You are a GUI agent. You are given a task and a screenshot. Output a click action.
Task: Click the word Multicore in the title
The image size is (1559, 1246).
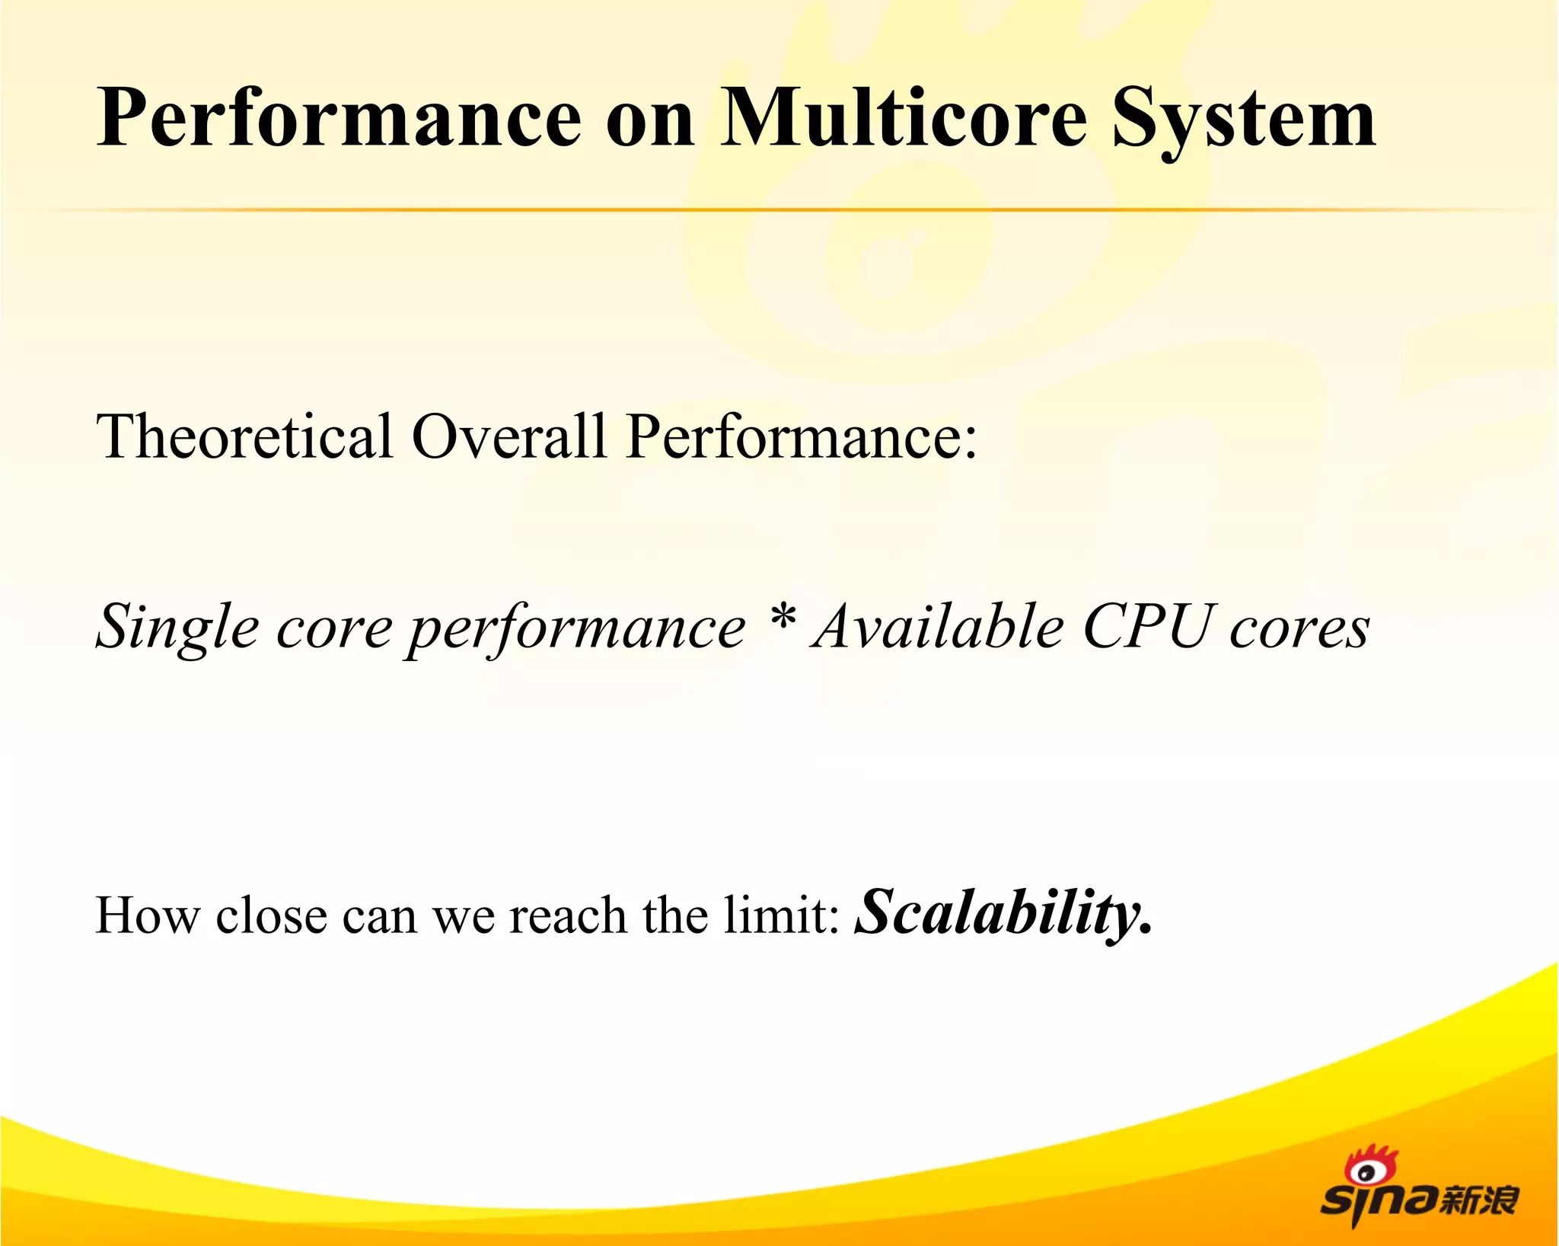(x=904, y=118)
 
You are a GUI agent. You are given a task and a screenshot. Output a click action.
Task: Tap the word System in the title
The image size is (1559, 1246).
(x=1244, y=120)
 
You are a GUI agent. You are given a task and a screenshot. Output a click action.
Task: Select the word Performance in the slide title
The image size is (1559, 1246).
(x=339, y=118)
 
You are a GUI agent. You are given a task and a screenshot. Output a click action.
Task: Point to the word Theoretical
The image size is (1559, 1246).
(x=244, y=436)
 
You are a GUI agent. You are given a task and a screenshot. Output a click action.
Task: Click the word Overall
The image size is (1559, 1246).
(x=509, y=436)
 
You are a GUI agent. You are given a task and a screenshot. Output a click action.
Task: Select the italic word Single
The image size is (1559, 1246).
(x=177, y=629)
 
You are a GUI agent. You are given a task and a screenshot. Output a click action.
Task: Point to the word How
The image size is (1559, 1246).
(x=146, y=915)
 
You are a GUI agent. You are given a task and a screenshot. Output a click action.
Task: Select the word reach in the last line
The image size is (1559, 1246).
(x=568, y=915)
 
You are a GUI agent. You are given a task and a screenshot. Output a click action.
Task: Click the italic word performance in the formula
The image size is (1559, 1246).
(x=575, y=631)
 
